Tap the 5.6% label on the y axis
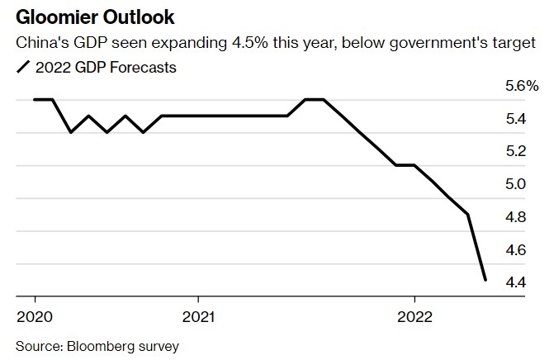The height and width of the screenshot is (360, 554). (x=520, y=86)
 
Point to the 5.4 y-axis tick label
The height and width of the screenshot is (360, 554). (x=515, y=119)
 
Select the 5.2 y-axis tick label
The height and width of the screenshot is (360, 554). (x=515, y=151)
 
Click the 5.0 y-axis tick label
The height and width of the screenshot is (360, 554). (x=515, y=184)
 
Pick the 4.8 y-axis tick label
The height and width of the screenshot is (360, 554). (x=515, y=217)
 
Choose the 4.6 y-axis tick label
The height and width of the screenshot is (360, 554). (x=515, y=249)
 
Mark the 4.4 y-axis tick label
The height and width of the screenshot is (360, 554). (x=515, y=282)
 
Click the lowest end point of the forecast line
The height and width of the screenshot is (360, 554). (x=485, y=280)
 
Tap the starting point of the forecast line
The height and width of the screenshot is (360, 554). (x=34, y=99)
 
